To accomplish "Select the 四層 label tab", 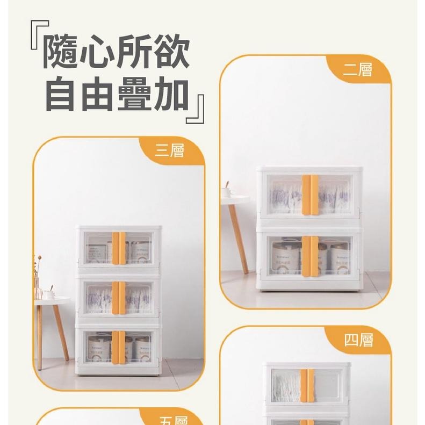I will (x=358, y=340).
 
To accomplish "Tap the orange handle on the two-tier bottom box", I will (x=309, y=255).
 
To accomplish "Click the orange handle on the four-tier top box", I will (x=307, y=385).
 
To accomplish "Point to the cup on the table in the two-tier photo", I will (x=228, y=190).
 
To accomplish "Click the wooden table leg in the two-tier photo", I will (x=239, y=236).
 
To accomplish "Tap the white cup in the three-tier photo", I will (x=48, y=294).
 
